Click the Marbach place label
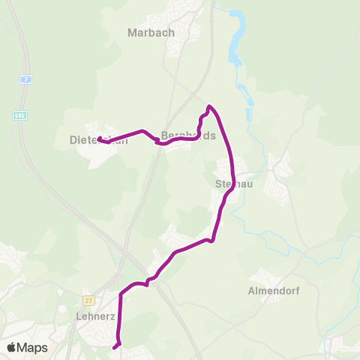[151, 32]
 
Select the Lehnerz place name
[95, 316]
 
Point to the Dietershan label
[94, 139]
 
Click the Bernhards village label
[188, 136]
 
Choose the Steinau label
[227, 182]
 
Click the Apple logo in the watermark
[11, 347]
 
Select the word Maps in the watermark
[32, 347]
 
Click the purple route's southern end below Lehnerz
[115, 347]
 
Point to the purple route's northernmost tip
[209, 106]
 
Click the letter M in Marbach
[132, 32]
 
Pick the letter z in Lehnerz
[112, 316]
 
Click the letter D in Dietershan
[73, 139]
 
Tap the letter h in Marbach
[171, 32]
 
